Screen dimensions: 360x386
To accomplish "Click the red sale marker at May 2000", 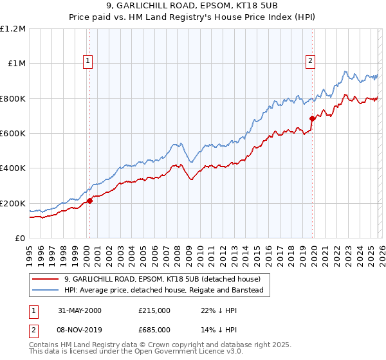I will click(x=90, y=201).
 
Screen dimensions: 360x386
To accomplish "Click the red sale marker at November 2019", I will click(x=312, y=118).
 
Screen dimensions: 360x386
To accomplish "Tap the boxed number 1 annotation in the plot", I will click(x=88, y=61).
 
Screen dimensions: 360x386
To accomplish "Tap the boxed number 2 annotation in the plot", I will click(x=310, y=61).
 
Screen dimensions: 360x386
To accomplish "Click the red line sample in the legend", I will click(x=46, y=280).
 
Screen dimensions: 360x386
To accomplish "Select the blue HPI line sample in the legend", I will click(x=46, y=291).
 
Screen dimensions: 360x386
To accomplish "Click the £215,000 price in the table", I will click(x=154, y=310).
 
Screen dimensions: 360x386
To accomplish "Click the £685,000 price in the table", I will click(x=154, y=329).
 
